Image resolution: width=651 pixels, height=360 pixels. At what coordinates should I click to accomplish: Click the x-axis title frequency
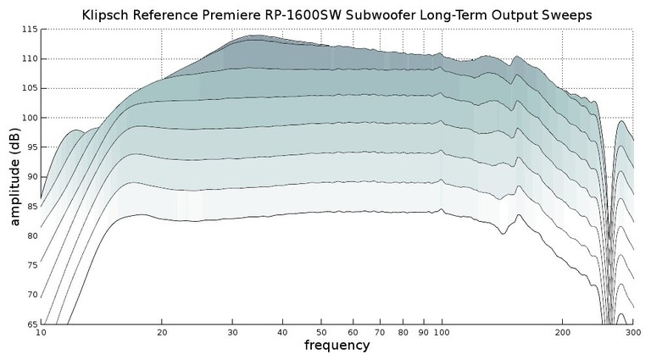(337, 346)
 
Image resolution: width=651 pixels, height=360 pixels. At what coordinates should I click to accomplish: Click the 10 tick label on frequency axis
(41, 333)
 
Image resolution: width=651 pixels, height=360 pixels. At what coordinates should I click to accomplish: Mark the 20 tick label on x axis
(161, 333)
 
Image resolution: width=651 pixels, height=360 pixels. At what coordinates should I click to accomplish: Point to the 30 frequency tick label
(231, 333)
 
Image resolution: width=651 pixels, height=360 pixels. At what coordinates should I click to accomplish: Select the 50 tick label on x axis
(320, 333)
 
